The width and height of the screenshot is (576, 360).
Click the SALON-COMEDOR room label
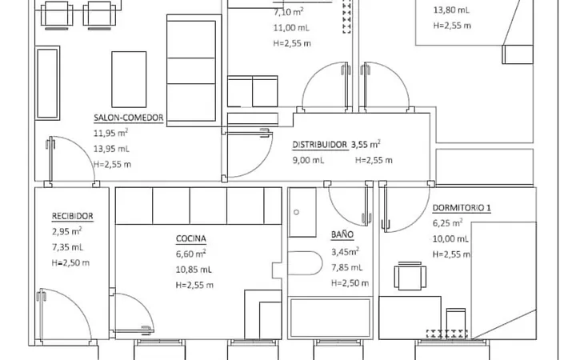129,118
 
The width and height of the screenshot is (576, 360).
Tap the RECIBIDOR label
72,216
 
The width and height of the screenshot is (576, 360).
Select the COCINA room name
191,238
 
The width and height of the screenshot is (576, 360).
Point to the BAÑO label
342,234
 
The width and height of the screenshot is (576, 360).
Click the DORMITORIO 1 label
462,207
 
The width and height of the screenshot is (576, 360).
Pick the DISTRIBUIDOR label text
319,145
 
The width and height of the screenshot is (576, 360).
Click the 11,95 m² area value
110,133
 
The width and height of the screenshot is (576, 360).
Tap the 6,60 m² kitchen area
190,254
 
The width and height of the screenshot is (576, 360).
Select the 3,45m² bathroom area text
345,252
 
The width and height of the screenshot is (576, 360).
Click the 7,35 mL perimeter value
67,247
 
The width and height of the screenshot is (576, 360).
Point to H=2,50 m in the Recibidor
70,262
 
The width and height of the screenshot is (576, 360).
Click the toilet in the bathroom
305,263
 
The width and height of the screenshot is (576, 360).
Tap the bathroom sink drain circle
297,212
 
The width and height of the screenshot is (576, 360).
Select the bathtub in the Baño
330,318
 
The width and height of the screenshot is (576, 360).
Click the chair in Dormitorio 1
410,276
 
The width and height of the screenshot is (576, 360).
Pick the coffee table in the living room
129,79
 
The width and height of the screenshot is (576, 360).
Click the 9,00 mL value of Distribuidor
308,160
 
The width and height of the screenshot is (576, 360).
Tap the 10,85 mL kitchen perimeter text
194,270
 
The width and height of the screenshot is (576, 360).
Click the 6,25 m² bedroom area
447,223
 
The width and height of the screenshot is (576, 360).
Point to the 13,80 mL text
451,10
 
